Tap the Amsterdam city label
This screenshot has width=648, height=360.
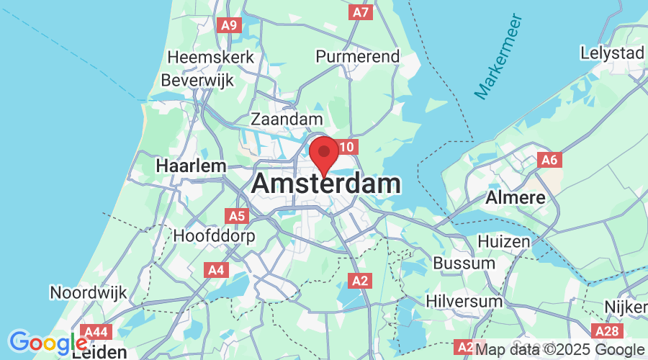click(326, 184)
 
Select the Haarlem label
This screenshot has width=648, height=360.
click(191, 166)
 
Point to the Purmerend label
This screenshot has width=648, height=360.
click(358, 56)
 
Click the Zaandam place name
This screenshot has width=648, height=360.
click(287, 119)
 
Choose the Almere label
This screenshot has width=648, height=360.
click(515, 197)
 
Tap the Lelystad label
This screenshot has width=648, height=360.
click(612, 53)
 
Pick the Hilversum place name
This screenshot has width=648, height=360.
click(463, 300)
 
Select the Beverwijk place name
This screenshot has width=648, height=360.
click(197, 81)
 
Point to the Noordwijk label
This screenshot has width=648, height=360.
click(88, 293)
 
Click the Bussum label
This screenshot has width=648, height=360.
click(464, 264)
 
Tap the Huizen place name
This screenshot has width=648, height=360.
click(503, 242)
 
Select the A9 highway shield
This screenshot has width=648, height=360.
click(229, 25)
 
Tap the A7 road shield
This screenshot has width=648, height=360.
click(361, 12)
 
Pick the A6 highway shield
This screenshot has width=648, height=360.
click(549, 160)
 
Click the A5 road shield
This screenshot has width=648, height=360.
click(237, 215)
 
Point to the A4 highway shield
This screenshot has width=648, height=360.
click(216, 270)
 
